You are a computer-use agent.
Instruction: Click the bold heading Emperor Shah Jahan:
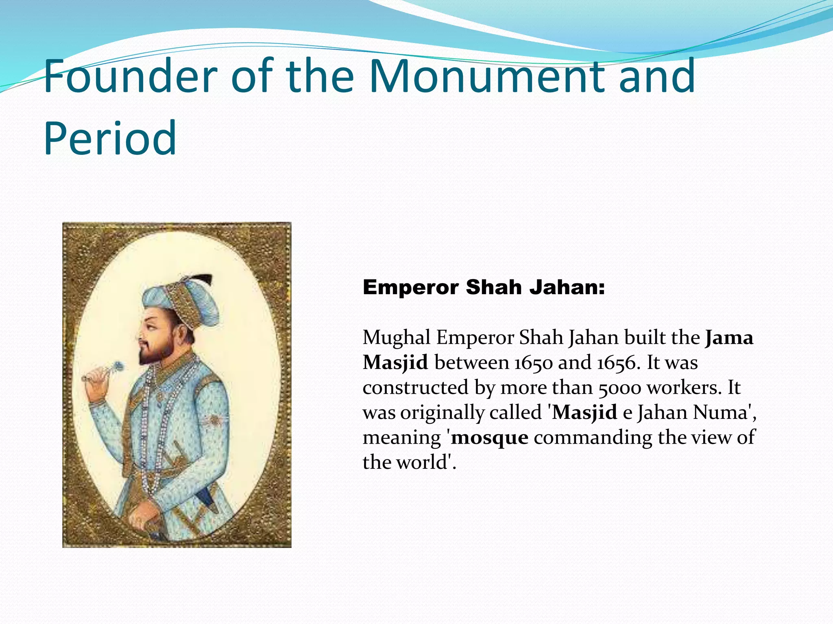(484, 288)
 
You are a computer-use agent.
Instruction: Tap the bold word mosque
(490, 438)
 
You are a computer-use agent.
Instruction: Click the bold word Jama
(729, 338)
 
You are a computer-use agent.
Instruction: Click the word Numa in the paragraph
(720, 412)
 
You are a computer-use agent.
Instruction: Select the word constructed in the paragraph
(415, 388)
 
